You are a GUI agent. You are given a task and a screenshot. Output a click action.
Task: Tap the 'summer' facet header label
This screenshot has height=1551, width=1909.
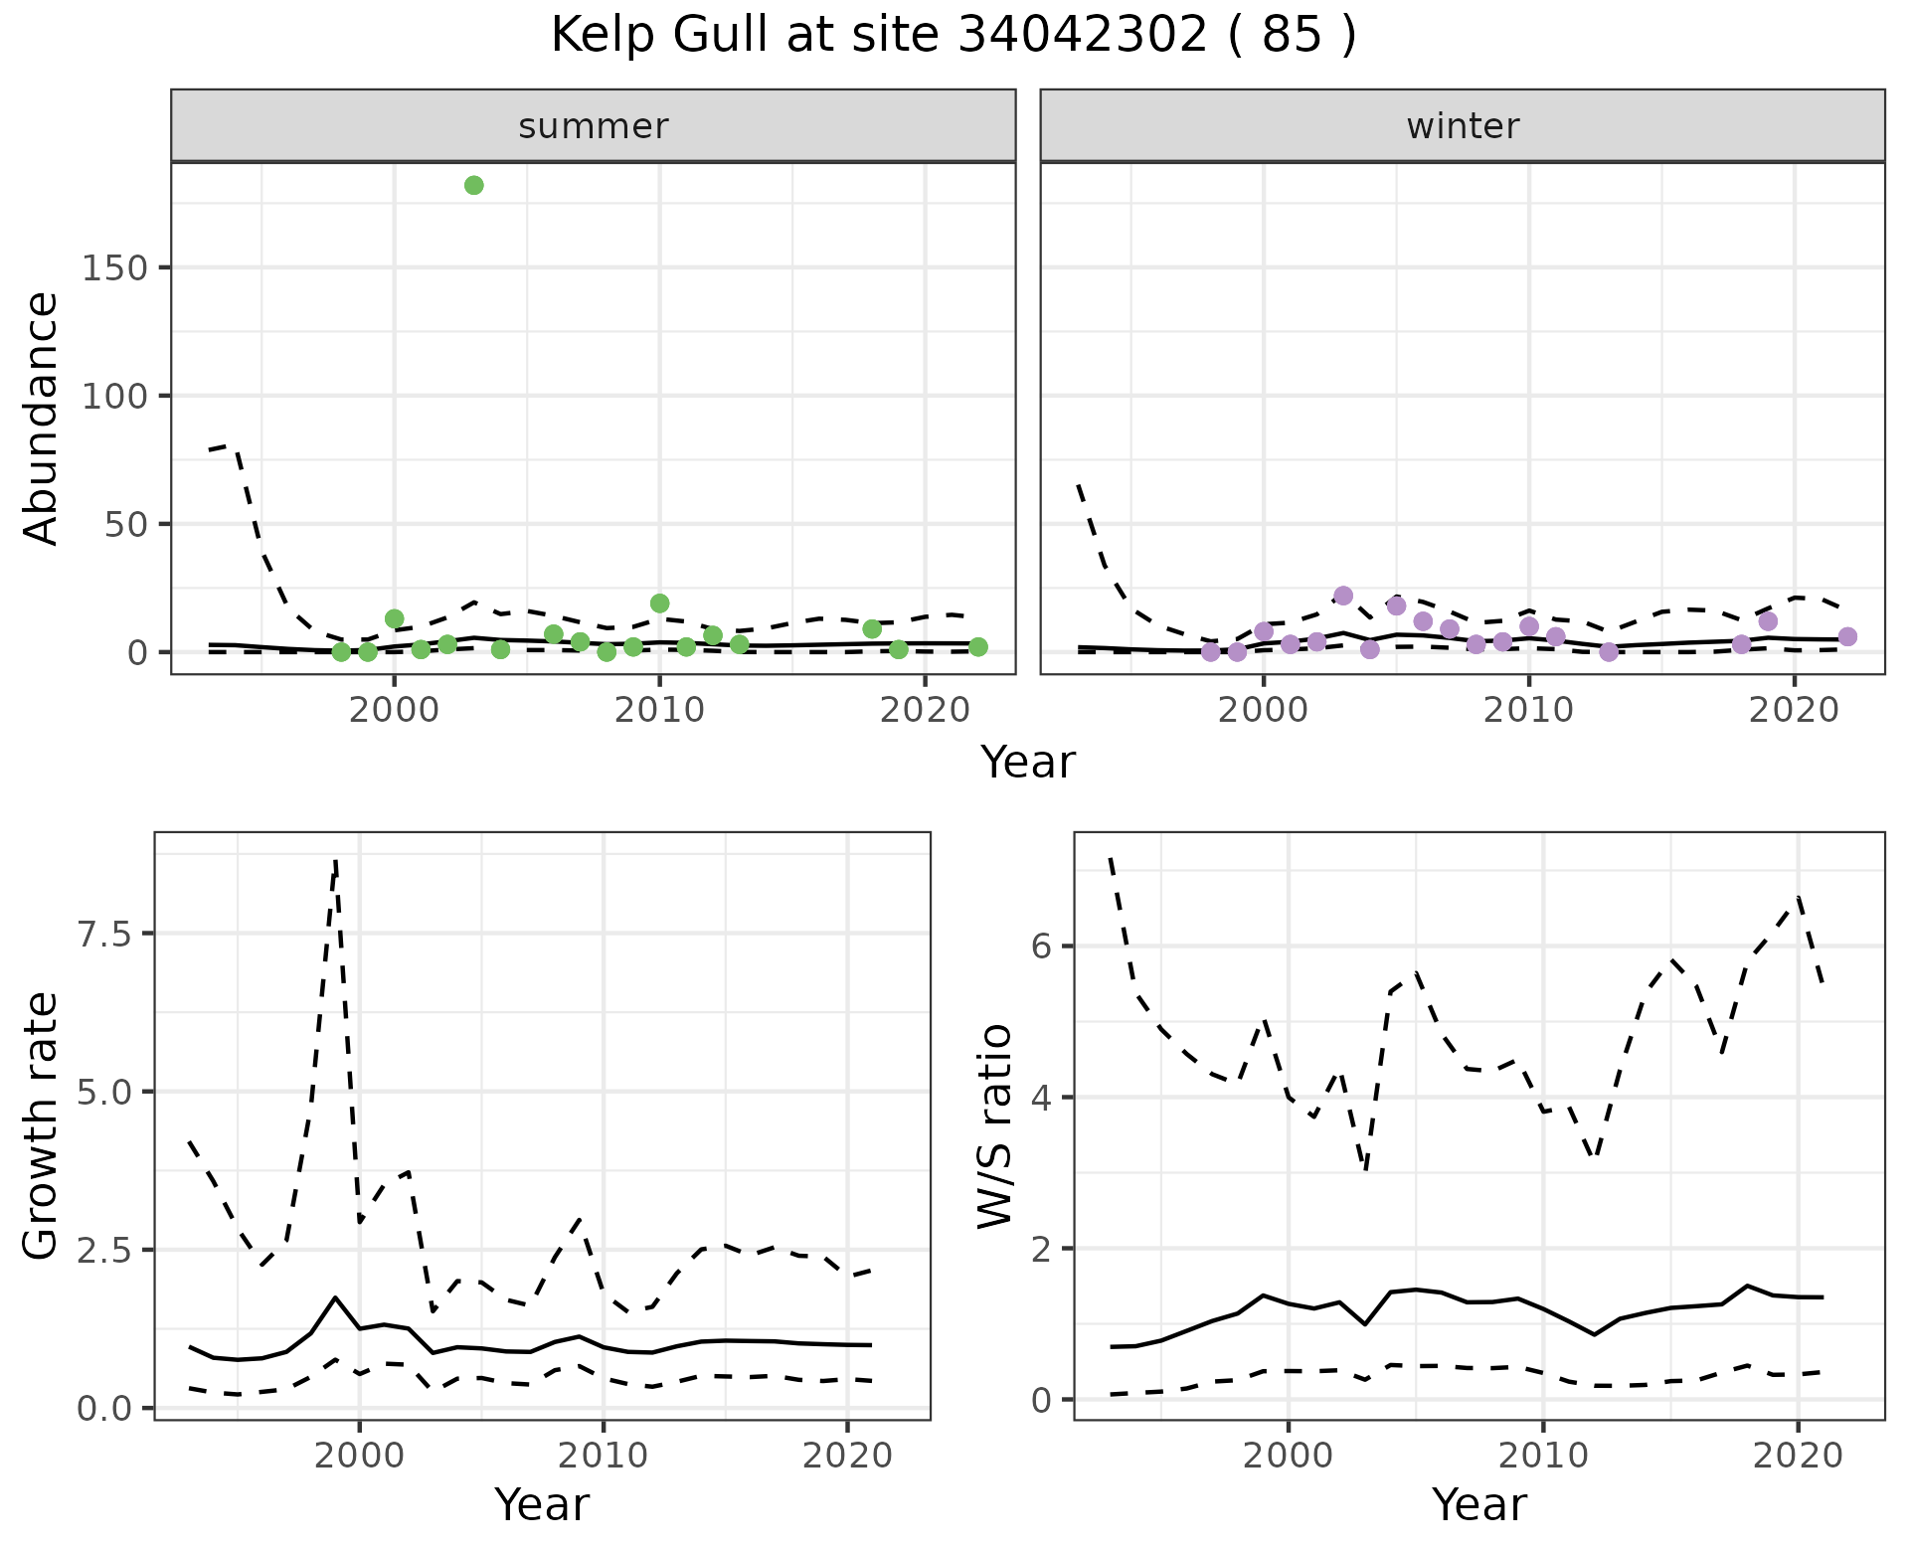pos(594,126)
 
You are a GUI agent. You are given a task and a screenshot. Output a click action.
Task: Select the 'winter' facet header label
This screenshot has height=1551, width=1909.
pos(1463,126)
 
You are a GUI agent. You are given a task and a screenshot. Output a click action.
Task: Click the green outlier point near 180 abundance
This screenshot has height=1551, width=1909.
pos(474,186)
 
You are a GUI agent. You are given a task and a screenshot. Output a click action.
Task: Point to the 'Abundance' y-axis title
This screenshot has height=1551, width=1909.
pos(42,419)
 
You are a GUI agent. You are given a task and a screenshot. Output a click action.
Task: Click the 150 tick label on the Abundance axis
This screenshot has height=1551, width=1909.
pos(114,268)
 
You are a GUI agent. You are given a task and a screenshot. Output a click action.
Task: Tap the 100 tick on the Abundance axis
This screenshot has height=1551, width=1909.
pos(114,397)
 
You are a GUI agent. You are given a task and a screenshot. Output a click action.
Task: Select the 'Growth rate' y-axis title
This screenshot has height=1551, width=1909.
pos(42,1126)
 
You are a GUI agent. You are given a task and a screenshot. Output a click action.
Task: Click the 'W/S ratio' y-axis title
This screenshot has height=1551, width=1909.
pos(995,1126)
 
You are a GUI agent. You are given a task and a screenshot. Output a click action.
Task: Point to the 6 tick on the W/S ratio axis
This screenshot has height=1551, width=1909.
pos(1042,947)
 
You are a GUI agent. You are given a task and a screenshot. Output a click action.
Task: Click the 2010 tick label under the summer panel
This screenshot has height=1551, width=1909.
pos(659,711)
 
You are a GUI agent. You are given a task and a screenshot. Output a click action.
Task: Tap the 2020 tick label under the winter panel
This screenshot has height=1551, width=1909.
pos(1794,711)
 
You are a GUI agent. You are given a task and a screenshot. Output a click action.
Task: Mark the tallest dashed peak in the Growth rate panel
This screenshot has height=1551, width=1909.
pos(336,861)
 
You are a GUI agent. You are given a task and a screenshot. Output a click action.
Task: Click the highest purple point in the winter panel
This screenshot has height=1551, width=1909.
pos(1343,596)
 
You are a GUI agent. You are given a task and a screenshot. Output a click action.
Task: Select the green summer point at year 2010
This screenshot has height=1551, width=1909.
pos(659,603)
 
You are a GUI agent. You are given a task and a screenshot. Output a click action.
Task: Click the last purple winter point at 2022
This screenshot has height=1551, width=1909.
pos(1847,636)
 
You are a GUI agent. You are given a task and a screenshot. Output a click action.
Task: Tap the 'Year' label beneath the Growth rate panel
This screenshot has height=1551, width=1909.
pos(542,1505)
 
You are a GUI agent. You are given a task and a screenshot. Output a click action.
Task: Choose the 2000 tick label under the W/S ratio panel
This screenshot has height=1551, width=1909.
pos(1289,1458)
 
